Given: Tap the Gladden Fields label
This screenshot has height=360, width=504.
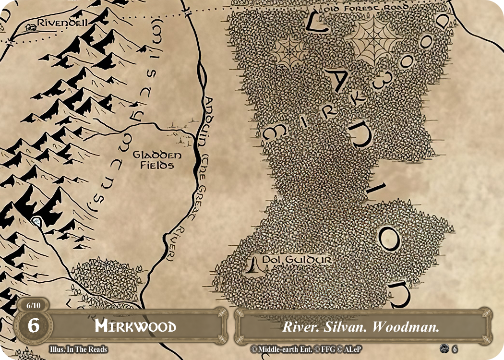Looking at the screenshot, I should pyautogui.click(x=151, y=160).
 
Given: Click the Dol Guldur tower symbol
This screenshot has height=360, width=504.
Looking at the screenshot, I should pyautogui.click(x=253, y=265).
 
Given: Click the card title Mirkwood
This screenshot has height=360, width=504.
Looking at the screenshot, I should pyautogui.click(x=135, y=327).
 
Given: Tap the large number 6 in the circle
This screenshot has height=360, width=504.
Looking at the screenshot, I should pyautogui.click(x=33, y=326).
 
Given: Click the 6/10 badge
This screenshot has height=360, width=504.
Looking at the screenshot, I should pyautogui.click(x=33, y=305).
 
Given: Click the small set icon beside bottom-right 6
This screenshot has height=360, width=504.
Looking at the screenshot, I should pyautogui.click(x=444, y=349).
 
